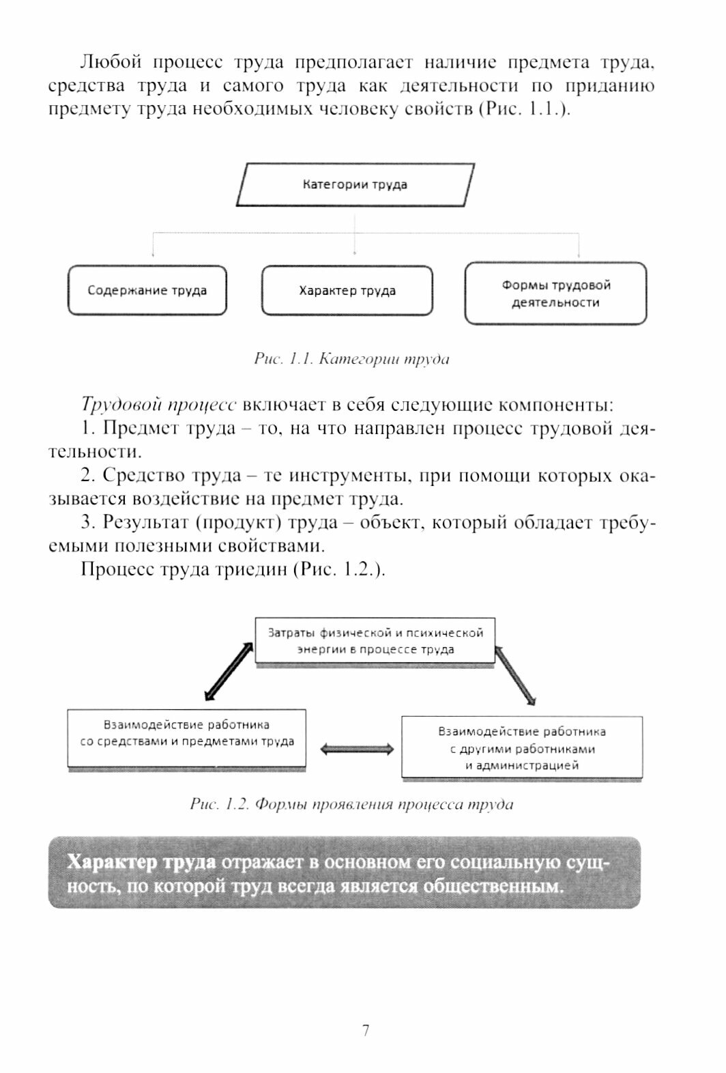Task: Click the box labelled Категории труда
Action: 355,184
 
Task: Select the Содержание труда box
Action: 147,291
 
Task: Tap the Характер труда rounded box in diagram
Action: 347,291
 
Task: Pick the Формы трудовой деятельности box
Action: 555,294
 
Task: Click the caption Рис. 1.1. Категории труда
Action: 351,359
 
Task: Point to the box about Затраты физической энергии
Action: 375,641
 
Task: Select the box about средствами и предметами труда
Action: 186,738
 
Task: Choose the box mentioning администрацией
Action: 522,748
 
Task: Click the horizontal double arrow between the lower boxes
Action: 357,749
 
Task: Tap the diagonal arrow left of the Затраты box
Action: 229,671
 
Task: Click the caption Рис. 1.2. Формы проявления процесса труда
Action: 351,804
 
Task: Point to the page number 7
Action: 366,1030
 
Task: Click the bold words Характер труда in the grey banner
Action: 142,862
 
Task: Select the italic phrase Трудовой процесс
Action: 158,405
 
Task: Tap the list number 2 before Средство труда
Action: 85,476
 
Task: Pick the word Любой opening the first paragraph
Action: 111,63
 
